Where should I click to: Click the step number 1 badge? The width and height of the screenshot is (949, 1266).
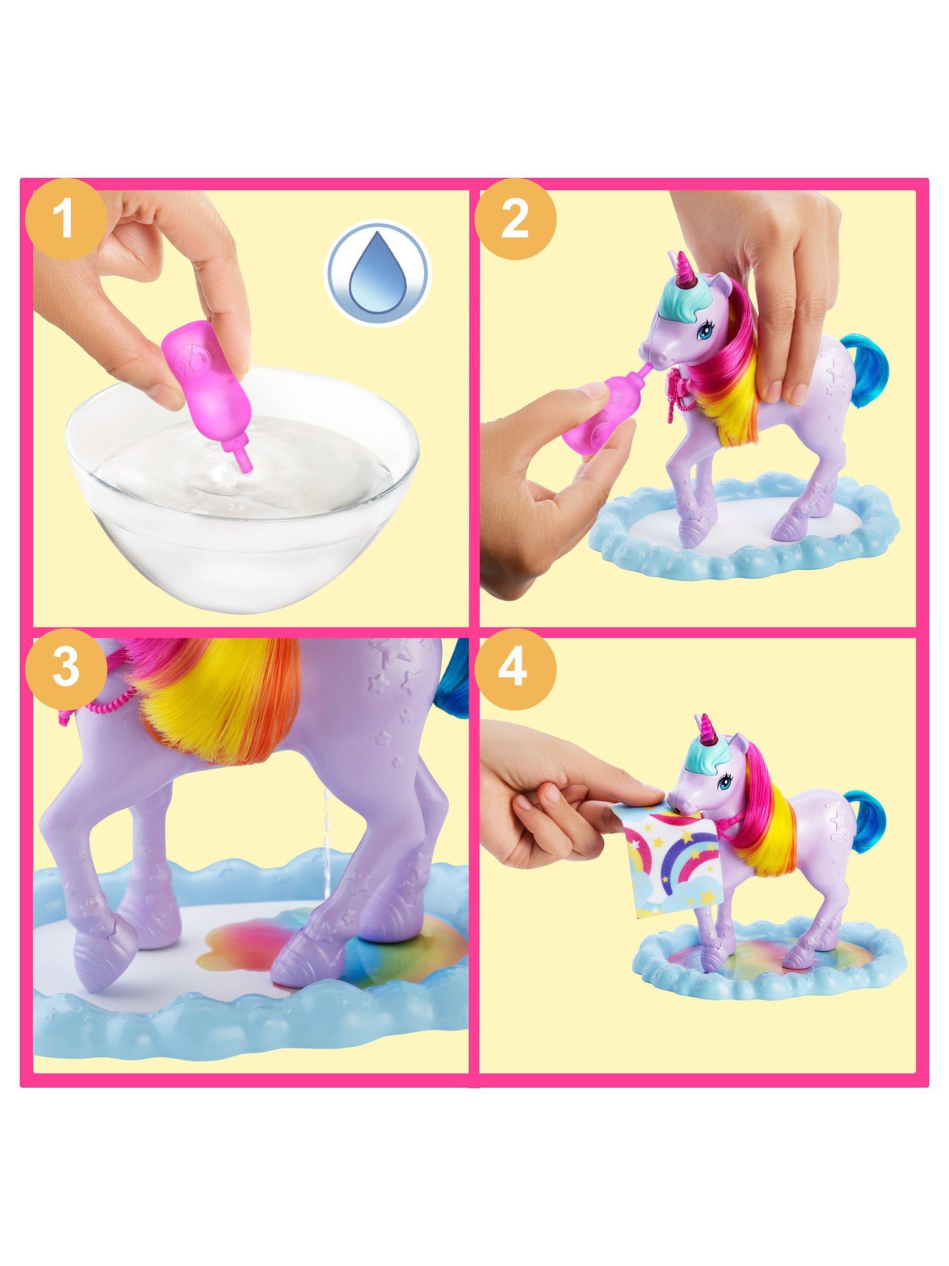point(66,221)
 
